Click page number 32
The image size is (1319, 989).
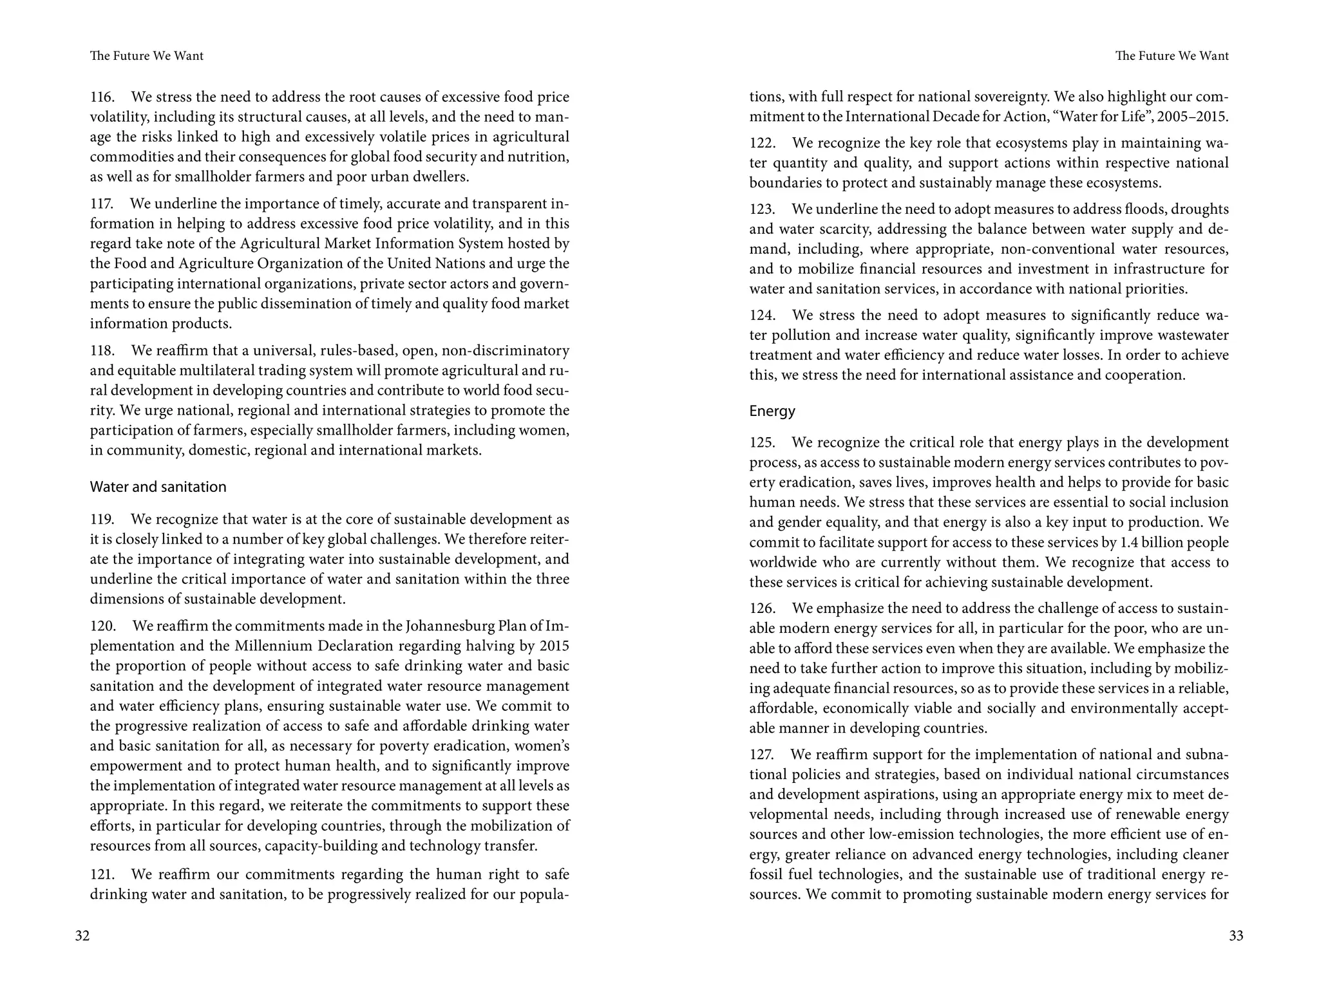[x=82, y=936]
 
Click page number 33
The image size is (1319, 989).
[x=1236, y=936]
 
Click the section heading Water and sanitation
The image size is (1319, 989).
[x=158, y=487]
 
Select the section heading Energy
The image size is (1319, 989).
[x=772, y=411]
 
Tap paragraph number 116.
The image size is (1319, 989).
[x=102, y=97]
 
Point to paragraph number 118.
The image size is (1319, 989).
[x=102, y=351]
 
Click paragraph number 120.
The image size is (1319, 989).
[x=102, y=626]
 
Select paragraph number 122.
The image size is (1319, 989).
[x=762, y=143]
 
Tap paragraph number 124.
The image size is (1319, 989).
[x=762, y=316]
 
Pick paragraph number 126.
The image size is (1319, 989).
[x=762, y=608]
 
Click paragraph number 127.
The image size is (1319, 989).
[x=761, y=755]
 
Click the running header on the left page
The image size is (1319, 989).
[x=147, y=56]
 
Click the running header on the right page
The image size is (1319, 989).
[x=1172, y=56]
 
